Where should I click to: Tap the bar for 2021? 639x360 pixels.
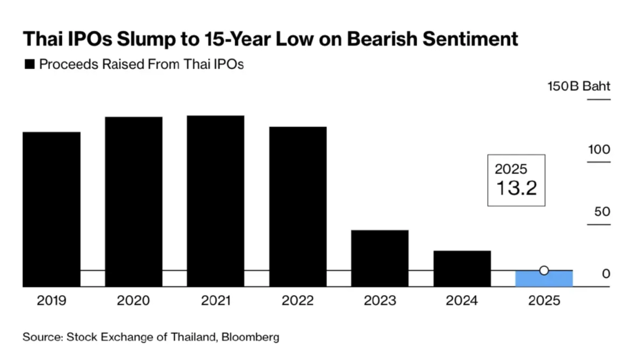pos(215,201)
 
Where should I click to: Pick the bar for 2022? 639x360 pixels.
pos(298,206)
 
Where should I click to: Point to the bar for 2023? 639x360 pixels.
pos(380,258)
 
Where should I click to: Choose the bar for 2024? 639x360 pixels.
pos(462,268)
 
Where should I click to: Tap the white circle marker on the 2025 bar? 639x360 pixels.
pos(544,270)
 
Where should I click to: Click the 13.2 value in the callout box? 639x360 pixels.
pos(516,188)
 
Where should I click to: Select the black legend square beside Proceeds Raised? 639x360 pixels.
pos(30,65)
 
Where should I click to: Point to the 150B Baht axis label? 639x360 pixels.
pos(578,88)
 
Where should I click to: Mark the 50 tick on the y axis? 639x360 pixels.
pos(602,212)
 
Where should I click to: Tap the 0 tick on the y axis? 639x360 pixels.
pos(605,274)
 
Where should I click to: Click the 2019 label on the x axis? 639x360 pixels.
pos(51,301)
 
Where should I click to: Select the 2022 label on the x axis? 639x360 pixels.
pos(298,301)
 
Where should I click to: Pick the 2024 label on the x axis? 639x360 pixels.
pos(462,301)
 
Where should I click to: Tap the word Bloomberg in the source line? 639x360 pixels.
pos(250,337)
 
